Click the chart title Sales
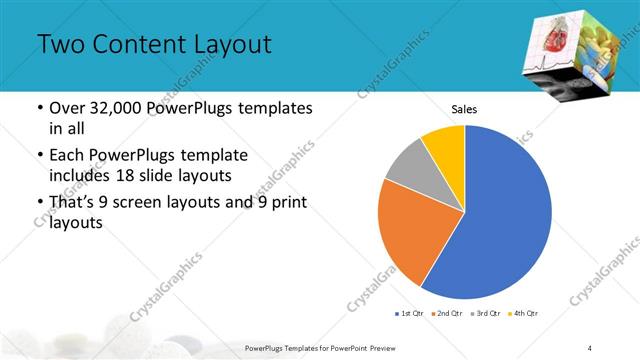pos(465,109)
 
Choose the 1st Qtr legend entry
pos(411,314)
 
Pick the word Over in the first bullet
pos(65,108)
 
